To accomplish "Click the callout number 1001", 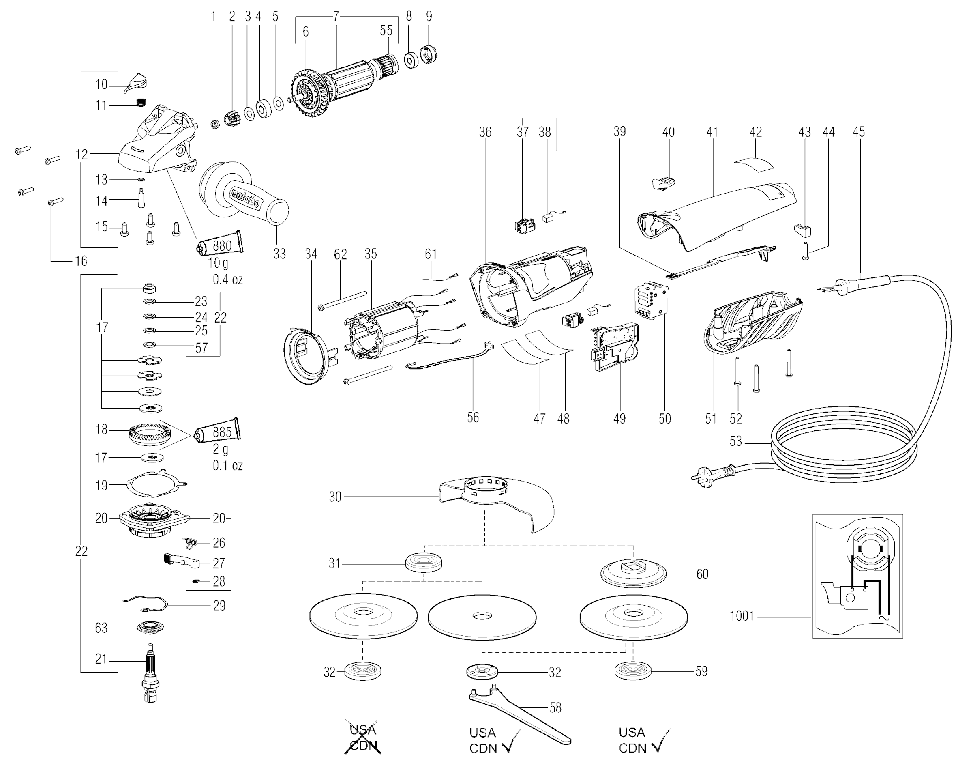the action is (x=742, y=616).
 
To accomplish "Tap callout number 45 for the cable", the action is (x=858, y=132).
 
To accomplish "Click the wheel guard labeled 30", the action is (x=496, y=501).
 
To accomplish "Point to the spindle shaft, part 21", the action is (x=151, y=673).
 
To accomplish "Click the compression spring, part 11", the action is (x=141, y=103).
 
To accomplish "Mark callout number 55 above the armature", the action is (x=386, y=31).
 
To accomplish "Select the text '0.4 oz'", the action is (x=227, y=280).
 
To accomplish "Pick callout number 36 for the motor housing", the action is (x=485, y=132).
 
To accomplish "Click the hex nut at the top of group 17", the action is (x=149, y=288).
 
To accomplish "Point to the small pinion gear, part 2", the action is (x=234, y=118).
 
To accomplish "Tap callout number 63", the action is (x=101, y=628).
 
